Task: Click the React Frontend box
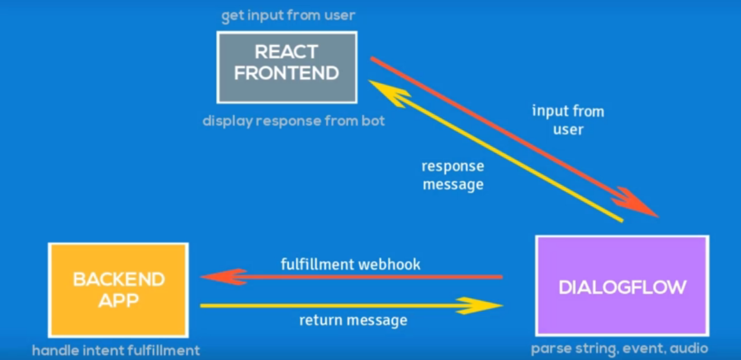tap(287, 67)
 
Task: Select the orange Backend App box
tap(118, 290)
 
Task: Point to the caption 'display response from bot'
tap(293, 121)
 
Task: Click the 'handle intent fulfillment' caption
tap(116, 350)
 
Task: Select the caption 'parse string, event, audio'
tap(619, 349)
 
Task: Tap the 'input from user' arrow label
tap(568, 120)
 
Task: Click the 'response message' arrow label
tap(452, 175)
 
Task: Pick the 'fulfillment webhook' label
tap(350, 264)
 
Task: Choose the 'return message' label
tap(353, 321)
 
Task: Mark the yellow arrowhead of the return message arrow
tap(483, 305)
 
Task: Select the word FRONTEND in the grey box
tap(287, 73)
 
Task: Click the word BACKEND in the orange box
tap(119, 279)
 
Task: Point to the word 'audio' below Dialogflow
tap(689, 349)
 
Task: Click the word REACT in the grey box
tap(287, 52)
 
